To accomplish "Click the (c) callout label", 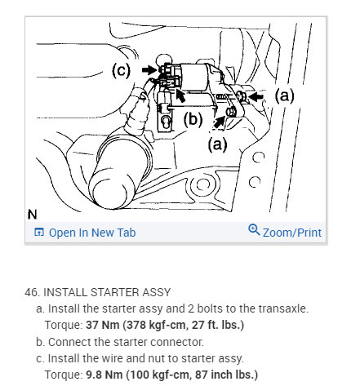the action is point(121,71).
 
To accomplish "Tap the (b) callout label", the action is point(193,119).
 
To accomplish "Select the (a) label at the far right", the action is point(284,95).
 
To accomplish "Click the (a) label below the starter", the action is point(217,144).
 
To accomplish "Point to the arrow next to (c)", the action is point(150,70).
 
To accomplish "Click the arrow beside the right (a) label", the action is point(256,96).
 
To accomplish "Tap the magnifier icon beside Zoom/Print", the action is point(254,229).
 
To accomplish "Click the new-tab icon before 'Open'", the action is point(39,233).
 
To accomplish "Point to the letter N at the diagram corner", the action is point(32,215).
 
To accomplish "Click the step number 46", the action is point(32,292).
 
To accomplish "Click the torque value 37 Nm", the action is point(103,325).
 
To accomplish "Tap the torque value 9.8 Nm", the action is point(104,375).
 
